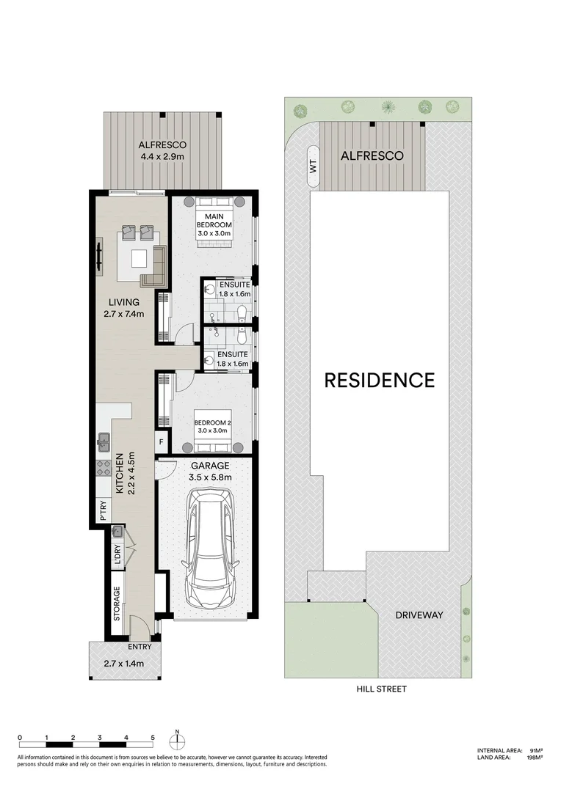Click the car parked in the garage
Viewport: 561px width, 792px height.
click(x=210, y=549)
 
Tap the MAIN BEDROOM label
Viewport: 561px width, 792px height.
click(x=214, y=220)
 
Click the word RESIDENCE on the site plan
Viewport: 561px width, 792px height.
click(x=380, y=380)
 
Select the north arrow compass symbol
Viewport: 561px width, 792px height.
click(x=177, y=737)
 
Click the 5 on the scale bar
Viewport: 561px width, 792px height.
click(x=153, y=737)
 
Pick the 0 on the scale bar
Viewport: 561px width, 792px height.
click(x=20, y=737)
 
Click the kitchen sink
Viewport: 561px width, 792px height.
click(x=104, y=441)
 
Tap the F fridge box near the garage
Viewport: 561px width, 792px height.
click(x=162, y=442)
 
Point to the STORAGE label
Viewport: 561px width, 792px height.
click(x=117, y=604)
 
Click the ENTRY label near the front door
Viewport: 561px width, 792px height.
click(x=140, y=647)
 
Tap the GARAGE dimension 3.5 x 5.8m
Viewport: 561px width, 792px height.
click(x=211, y=477)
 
